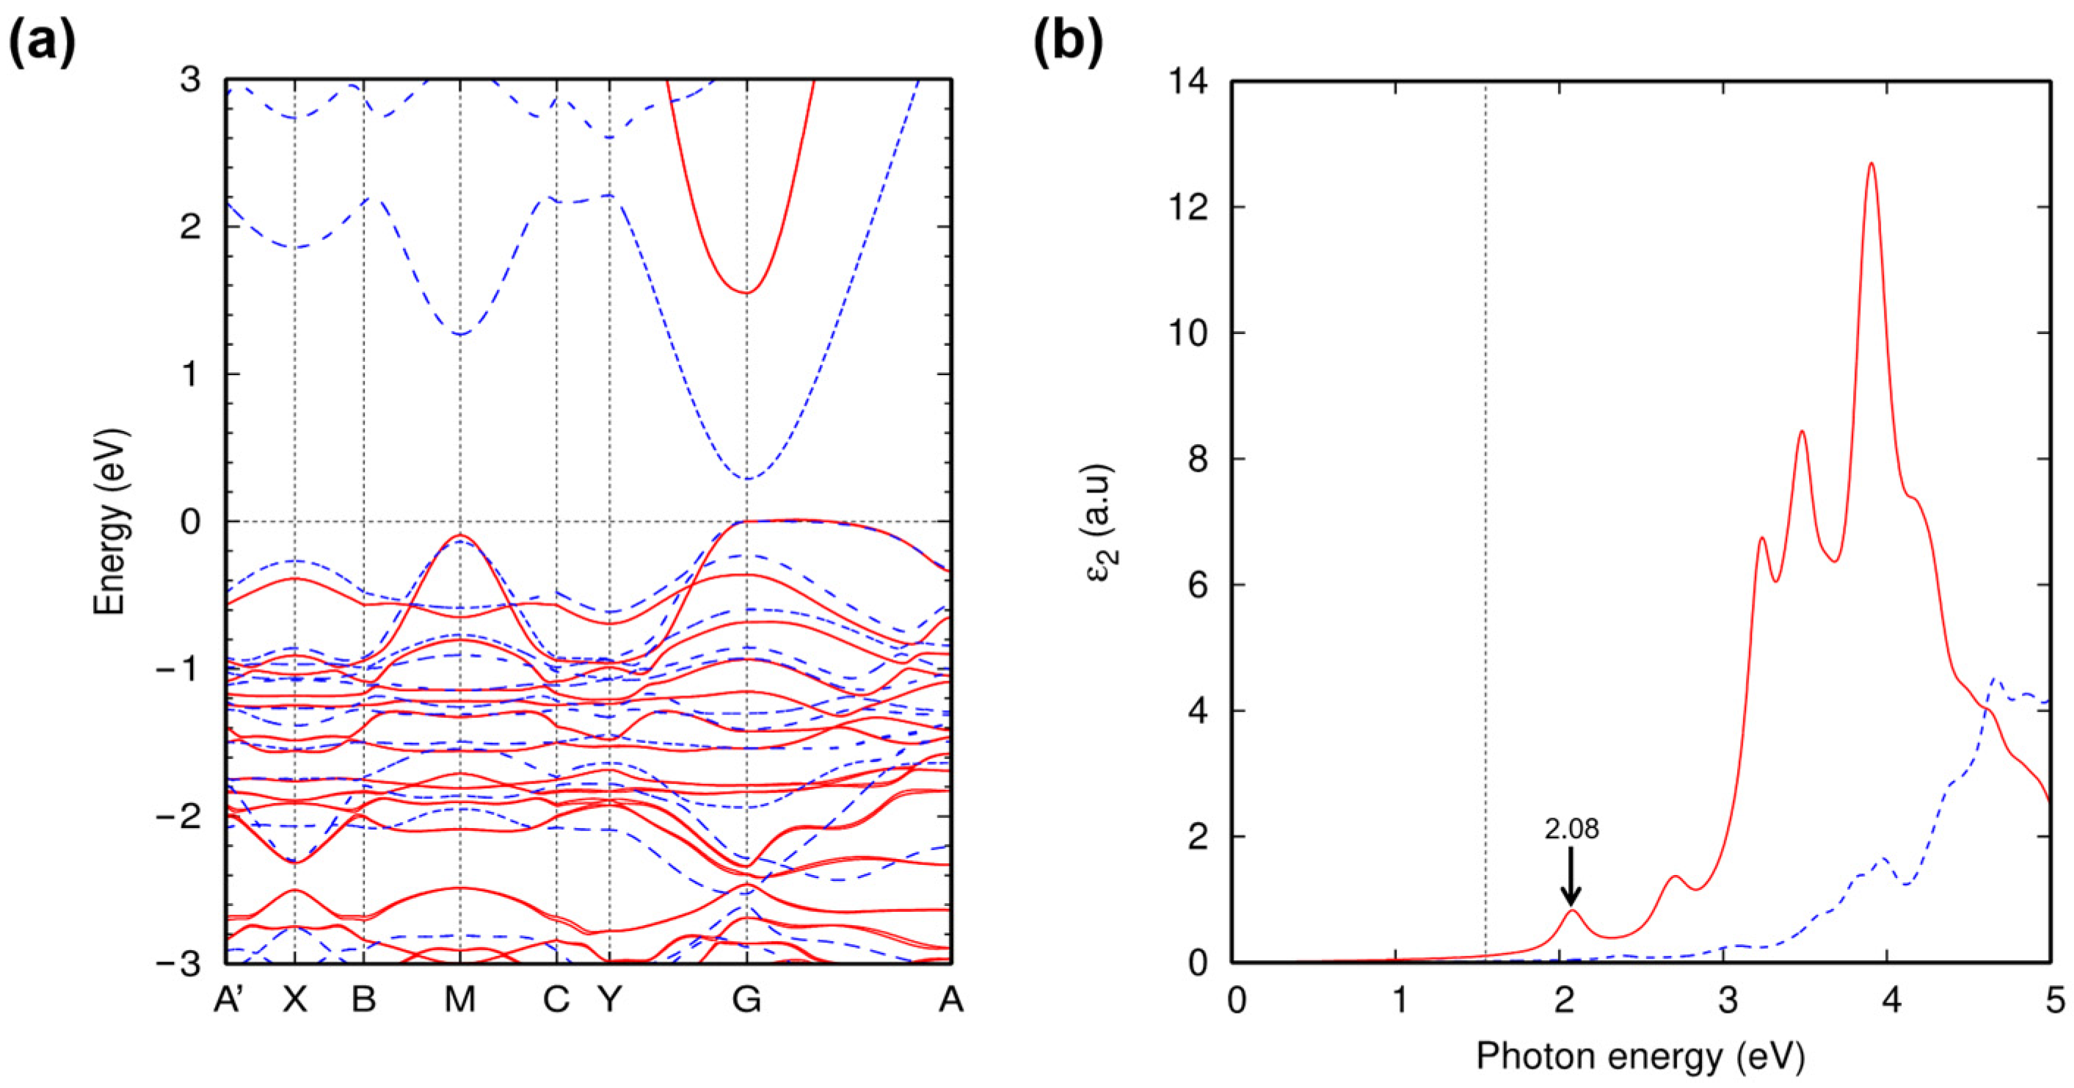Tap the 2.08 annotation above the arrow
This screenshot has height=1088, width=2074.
[x=1571, y=830]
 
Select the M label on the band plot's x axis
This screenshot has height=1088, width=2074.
[x=459, y=1000]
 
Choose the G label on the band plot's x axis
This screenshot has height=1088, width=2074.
[x=746, y=1000]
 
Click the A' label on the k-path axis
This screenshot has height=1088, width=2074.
[x=229, y=1000]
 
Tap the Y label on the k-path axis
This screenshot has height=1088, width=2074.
[x=609, y=1000]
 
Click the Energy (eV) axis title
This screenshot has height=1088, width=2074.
[x=111, y=522]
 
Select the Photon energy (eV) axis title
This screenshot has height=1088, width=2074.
[x=1640, y=1056]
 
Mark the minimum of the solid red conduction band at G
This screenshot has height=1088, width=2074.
[x=747, y=291]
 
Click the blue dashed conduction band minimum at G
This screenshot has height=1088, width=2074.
[x=747, y=479]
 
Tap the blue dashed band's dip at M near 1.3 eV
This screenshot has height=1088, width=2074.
[x=459, y=334]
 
